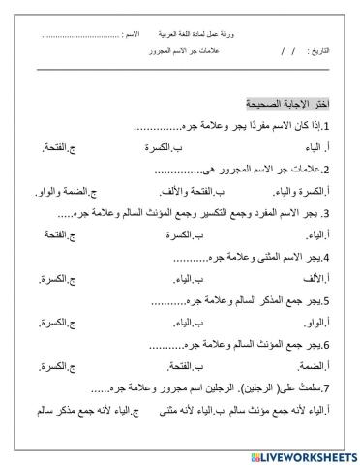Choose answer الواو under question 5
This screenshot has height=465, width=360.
pyautogui.click(x=328, y=322)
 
